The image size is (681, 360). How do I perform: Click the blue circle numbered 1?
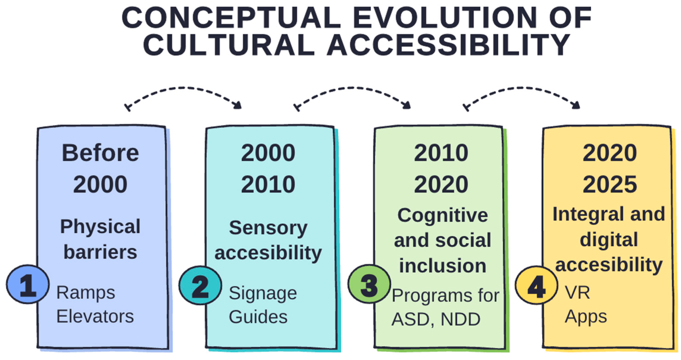point(28,284)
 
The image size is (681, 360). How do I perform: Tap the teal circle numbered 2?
point(200,285)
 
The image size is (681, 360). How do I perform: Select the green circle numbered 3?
point(369,284)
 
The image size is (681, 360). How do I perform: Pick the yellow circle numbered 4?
point(536,285)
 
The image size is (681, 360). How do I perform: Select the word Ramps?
point(86,293)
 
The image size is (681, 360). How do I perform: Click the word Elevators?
point(95,316)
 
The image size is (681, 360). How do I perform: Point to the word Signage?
point(263,293)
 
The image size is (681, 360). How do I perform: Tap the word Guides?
point(258,317)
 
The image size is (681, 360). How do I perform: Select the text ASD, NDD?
point(436,319)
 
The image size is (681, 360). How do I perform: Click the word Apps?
point(586,317)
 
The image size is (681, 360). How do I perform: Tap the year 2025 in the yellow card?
point(610,184)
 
